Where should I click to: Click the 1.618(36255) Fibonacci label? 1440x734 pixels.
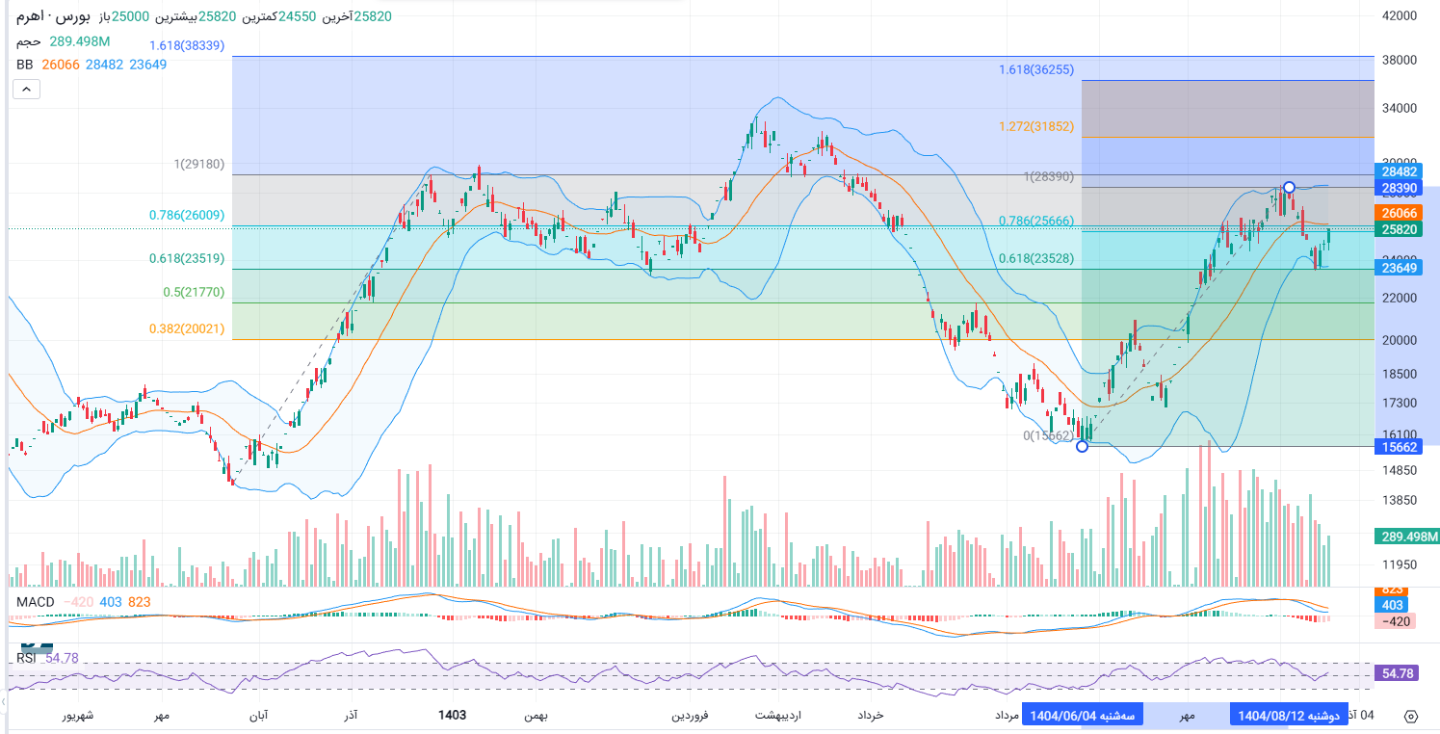[1035, 69]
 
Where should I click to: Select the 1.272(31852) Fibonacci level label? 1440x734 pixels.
[1035, 126]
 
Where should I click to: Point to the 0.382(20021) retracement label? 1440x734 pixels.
[187, 328]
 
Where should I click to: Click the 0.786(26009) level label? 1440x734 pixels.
[187, 216]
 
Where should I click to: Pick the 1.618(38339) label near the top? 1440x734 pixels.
[187, 44]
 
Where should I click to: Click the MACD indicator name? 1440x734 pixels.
[34, 602]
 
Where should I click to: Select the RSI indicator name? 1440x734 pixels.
[27, 658]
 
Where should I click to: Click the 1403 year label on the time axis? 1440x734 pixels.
[452, 715]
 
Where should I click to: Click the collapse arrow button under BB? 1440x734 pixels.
[26, 90]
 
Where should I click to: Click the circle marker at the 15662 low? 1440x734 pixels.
[1082, 446]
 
